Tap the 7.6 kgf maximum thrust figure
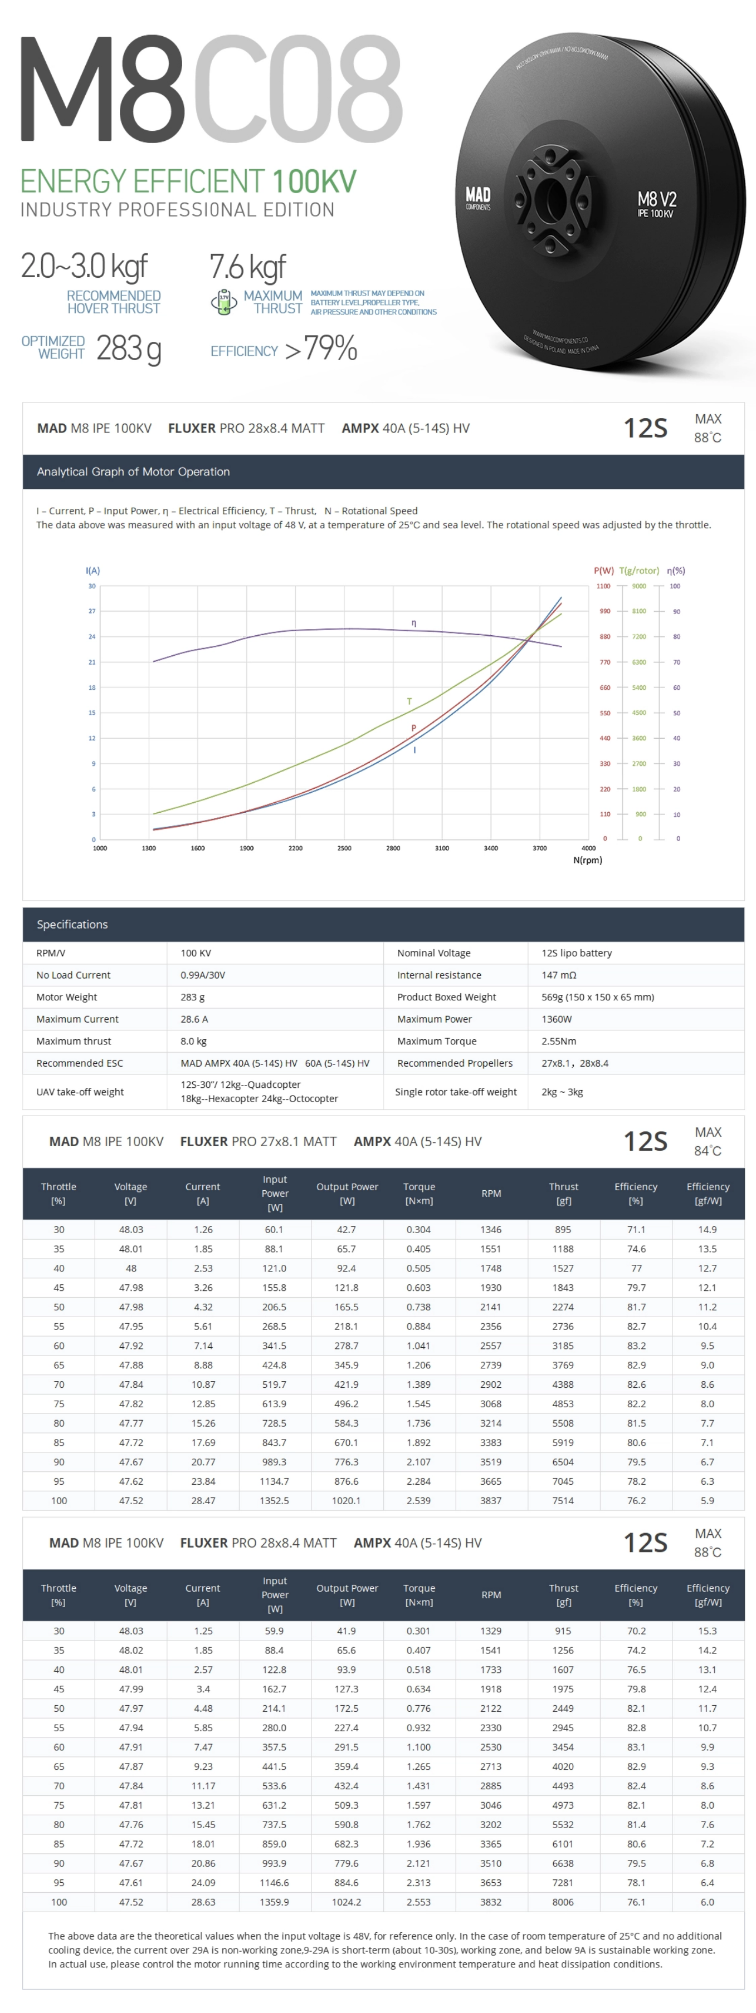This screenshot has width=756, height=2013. (x=247, y=267)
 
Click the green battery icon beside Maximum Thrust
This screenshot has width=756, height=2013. (x=223, y=302)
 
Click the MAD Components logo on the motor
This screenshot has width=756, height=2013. (x=477, y=197)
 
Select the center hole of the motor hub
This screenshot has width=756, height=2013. (x=552, y=195)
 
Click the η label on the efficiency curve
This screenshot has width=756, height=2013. (x=413, y=623)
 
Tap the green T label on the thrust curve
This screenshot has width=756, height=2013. (x=409, y=701)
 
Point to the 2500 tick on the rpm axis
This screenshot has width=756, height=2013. (x=344, y=848)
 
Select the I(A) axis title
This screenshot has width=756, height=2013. (x=92, y=571)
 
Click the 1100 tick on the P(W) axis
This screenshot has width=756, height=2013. (x=603, y=586)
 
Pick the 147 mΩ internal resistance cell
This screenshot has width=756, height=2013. (x=558, y=975)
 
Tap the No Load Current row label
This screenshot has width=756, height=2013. (x=73, y=975)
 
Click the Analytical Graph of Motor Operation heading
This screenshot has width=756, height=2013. (x=133, y=472)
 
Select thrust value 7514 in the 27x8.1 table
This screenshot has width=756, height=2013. (x=563, y=1500)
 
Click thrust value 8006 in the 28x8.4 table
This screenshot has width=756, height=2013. (x=563, y=1902)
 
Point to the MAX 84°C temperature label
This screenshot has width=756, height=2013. (x=708, y=1142)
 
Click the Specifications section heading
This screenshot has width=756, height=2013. (x=72, y=925)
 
